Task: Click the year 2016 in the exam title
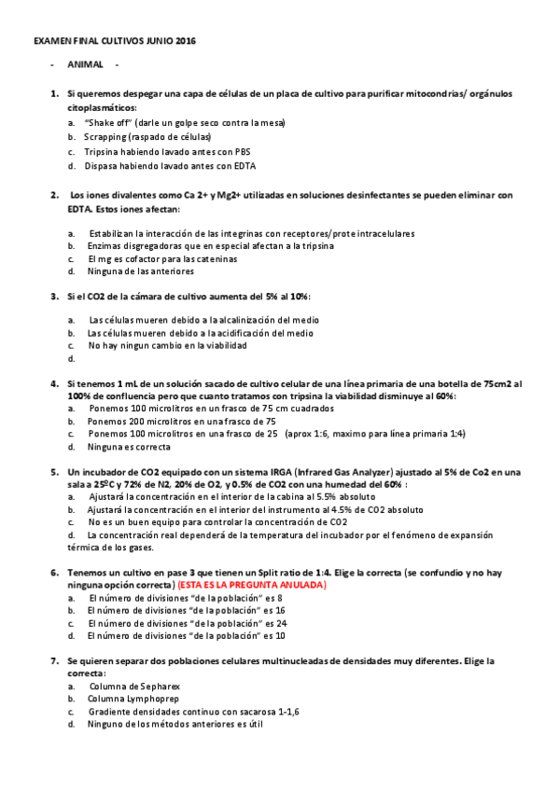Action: [x=185, y=42]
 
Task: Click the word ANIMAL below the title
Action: [x=84, y=65]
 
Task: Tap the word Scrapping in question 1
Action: [x=105, y=136]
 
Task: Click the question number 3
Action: [x=55, y=296]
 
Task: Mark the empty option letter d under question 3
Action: [x=71, y=358]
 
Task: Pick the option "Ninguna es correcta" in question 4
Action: [x=130, y=447]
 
